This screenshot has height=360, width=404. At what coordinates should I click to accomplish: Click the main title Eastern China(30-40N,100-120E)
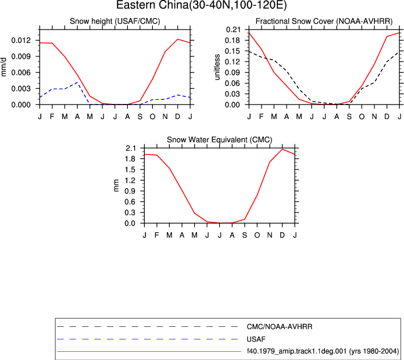pyautogui.click(x=202, y=5)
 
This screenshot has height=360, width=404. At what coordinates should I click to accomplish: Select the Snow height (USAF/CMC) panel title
pyautogui.click(x=115, y=21)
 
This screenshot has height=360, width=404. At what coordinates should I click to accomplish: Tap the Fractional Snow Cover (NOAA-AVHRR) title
pyautogui.click(x=324, y=21)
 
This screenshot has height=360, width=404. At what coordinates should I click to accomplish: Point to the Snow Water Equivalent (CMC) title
pyautogui.click(x=220, y=140)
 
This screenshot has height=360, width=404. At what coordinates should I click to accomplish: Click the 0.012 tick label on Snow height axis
pyautogui.click(x=21, y=41)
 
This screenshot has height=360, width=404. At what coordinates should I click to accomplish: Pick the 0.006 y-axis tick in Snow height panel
pyautogui.click(x=21, y=73)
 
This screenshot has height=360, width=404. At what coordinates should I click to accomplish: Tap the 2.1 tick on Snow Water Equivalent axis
pyautogui.click(x=131, y=148)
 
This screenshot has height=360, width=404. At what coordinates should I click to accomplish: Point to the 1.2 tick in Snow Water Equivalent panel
pyautogui.click(x=131, y=181)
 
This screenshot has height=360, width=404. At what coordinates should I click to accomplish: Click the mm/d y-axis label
pyautogui.click(x=3, y=67)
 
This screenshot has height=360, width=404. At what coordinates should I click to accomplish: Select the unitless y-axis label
pyautogui.click(x=217, y=67)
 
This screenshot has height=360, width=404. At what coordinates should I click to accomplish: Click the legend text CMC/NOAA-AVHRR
pyautogui.click(x=280, y=327)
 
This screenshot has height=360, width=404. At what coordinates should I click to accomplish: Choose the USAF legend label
pyautogui.click(x=256, y=339)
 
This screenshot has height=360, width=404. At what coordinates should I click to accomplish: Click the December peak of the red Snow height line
pyautogui.click(x=177, y=39)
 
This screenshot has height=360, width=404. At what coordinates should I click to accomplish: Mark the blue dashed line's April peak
pyautogui.click(x=77, y=82)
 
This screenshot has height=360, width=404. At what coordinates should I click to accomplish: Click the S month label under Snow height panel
pyautogui.click(x=140, y=117)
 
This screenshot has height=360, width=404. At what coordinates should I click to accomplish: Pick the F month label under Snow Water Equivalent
pyautogui.click(x=156, y=235)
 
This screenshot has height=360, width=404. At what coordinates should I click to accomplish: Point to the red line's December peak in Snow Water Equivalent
pyautogui.click(x=283, y=149)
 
